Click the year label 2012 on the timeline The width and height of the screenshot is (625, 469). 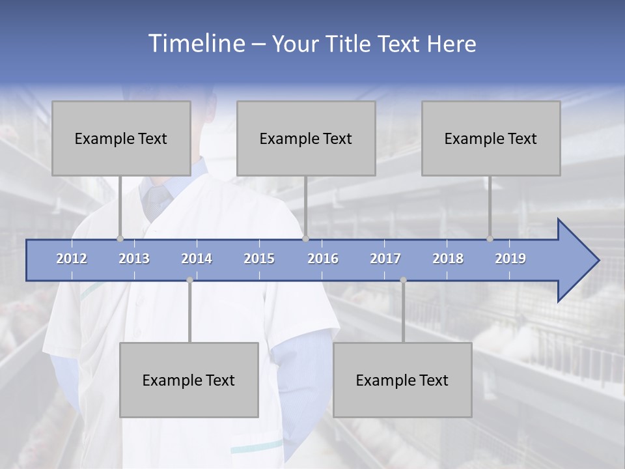[x=72, y=259]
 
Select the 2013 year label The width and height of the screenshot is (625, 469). [x=134, y=259]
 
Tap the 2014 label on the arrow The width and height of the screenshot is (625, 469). [x=197, y=259]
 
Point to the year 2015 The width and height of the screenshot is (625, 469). [x=259, y=259]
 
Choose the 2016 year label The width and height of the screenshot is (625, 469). [x=323, y=259]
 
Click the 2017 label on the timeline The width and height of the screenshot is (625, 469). [x=385, y=259]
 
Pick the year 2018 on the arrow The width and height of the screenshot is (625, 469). [x=448, y=259]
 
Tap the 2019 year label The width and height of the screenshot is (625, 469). [x=510, y=259]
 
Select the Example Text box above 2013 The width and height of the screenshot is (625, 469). [x=121, y=138]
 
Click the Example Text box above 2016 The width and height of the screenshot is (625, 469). [x=306, y=138]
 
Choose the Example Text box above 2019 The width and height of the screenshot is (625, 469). [x=491, y=138]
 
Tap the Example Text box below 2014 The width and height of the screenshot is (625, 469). [x=189, y=380]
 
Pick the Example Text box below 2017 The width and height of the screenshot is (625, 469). [x=402, y=380]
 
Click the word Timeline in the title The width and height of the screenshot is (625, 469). [x=195, y=44]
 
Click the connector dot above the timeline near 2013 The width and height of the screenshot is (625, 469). [x=120, y=238]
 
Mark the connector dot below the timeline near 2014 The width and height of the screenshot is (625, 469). [x=189, y=280]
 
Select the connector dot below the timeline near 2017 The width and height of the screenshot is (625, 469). [x=403, y=280]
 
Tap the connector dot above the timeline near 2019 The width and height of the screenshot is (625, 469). [x=490, y=238]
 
